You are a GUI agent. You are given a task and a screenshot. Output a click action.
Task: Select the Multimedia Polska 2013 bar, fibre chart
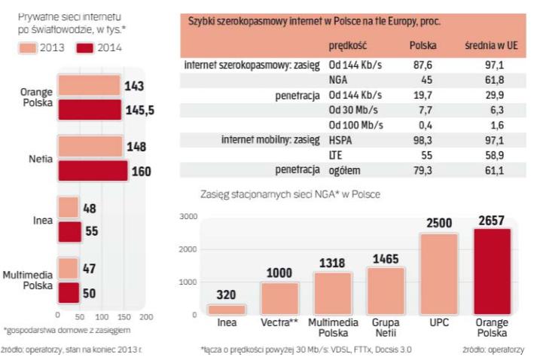(69, 267)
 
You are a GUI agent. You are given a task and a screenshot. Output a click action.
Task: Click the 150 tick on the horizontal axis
(124, 317)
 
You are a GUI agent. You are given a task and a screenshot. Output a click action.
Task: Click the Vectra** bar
(279, 298)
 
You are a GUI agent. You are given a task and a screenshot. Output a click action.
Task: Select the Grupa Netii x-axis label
(386, 328)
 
